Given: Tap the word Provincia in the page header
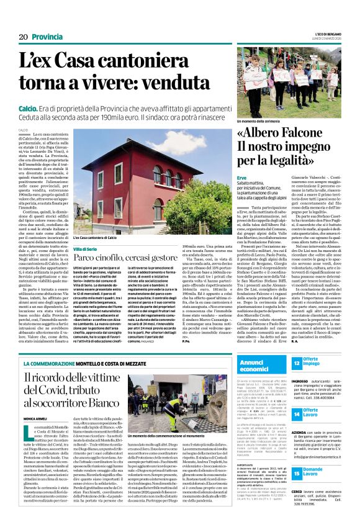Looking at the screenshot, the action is tap(47, 37).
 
